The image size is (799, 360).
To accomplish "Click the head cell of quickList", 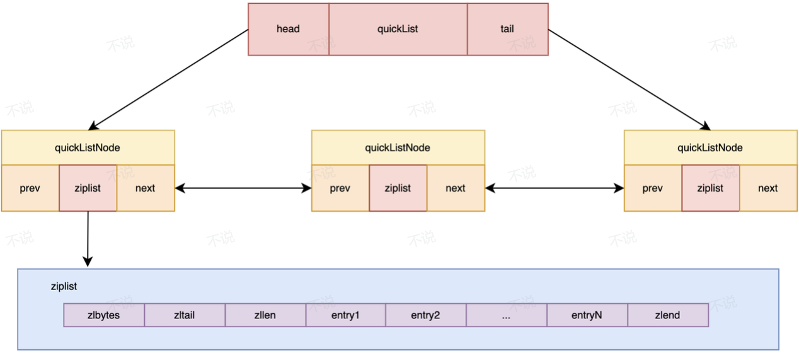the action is pyautogui.click(x=289, y=29).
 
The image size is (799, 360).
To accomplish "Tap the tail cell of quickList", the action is pyautogui.click(x=508, y=29).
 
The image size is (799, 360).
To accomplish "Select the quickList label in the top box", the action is pyautogui.click(x=398, y=29).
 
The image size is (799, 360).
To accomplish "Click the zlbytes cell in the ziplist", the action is pyautogui.click(x=104, y=315).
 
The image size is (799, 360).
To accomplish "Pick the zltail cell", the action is pyautogui.click(x=185, y=315).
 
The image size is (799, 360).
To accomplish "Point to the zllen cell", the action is pyautogui.click(x=265, y=315).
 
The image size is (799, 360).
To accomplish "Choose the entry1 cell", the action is pyautogui.click(x=346, y=315).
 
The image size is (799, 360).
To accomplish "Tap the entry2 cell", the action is pyautogui.click(x=426, y=315).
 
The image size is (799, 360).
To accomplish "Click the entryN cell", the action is pyautogui.click(x=587, y=315).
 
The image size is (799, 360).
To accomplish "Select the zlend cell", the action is pyautogui.click(x=668, y=315).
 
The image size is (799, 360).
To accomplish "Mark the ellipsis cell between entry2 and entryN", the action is pyautogui.click(x=507, y=315).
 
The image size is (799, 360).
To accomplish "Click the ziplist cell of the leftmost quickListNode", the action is pyautogui.click(x=88, y=188).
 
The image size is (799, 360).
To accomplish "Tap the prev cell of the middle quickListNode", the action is pyautogui.click(x=340, y=188).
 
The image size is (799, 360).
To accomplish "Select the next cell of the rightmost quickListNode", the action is pyautogui.click(x=768, y=188).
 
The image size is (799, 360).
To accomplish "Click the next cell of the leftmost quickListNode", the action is pyautogui.click(x=146, y=188).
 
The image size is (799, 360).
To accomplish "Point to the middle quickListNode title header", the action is pyautogui.click(x=398, y=148).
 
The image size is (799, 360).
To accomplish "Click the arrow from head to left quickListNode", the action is pyautogui.click(x=168, y=79).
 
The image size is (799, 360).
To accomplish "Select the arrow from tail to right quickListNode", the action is pyautogui.click(x=629, y=79).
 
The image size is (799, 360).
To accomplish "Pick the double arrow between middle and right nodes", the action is pyautogui.click(x=555, y=188).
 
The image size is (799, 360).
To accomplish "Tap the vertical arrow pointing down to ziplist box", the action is pyautogui.click(x=88, y=239).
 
